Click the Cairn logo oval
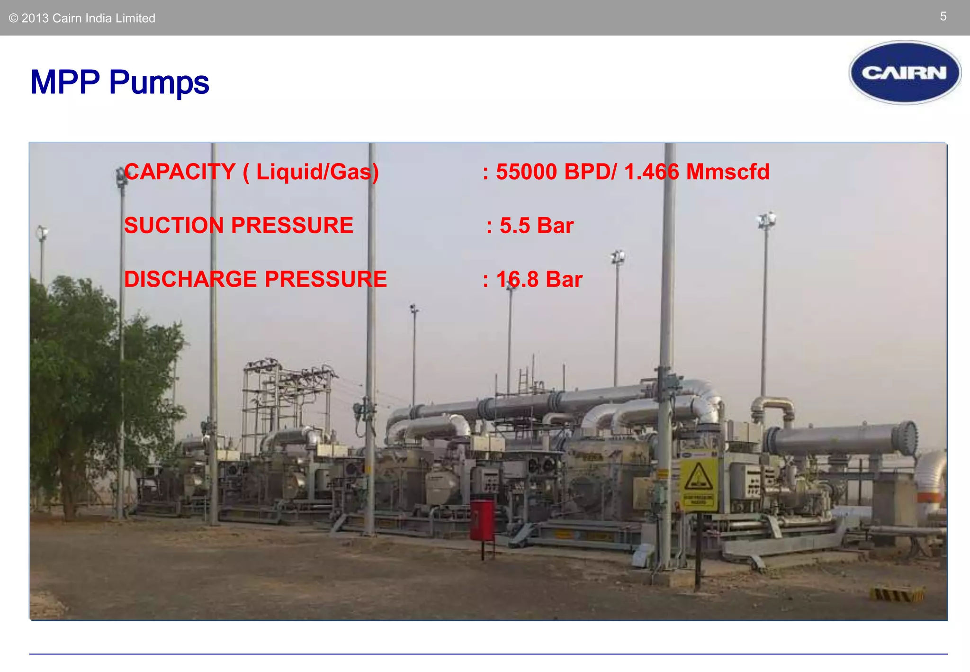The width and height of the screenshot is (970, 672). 905,73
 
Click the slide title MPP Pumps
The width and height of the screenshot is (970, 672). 119,82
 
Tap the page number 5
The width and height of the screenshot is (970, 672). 943,17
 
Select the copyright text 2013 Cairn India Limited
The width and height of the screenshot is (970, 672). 82,18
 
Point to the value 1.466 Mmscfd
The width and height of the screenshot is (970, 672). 696,172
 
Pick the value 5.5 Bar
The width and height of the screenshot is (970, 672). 537,226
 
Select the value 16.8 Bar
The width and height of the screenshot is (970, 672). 539,279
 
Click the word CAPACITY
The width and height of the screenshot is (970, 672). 180,172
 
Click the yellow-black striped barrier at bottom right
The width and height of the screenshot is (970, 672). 897,594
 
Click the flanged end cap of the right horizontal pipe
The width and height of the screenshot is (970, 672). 906,438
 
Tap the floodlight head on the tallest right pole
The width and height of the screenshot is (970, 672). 766,220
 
